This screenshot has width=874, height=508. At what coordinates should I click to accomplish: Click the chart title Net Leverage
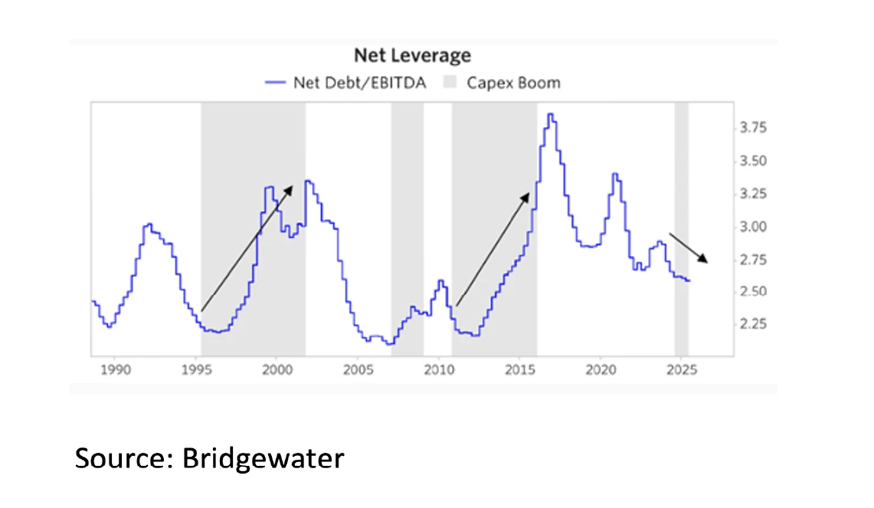[411, 56]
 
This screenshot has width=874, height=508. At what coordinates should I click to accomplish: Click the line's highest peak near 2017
[550, 115]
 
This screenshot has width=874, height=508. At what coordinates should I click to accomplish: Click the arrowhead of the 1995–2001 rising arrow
[292, 186]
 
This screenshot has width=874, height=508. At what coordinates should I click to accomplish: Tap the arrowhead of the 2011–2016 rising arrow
[529, 194]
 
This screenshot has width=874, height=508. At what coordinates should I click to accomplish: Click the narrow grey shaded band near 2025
[681, 230]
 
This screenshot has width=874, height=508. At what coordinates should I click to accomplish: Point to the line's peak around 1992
[149, 225]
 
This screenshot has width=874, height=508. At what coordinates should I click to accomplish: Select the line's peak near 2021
[615, 174]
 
